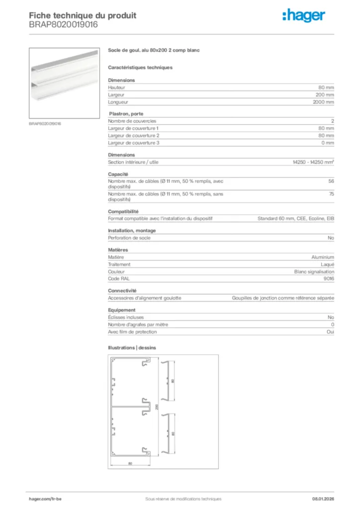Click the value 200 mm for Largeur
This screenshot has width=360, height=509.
(325, 94)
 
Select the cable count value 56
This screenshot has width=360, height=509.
(331, 181)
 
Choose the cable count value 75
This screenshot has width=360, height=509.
(331, 194)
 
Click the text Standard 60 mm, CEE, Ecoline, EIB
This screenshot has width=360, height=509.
(295, 218)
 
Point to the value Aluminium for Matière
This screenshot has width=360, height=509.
(323, 257)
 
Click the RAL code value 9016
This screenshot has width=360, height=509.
(329, 279)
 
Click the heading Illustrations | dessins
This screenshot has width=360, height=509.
(132, 347)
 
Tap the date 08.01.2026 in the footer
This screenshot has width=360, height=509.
(322, 499)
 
